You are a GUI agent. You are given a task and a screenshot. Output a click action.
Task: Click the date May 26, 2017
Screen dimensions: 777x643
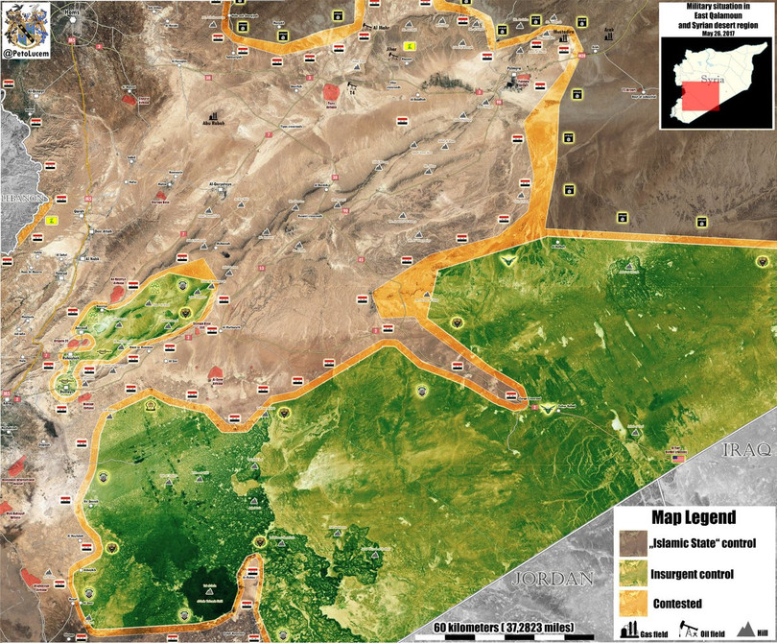(x=718, y=32)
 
